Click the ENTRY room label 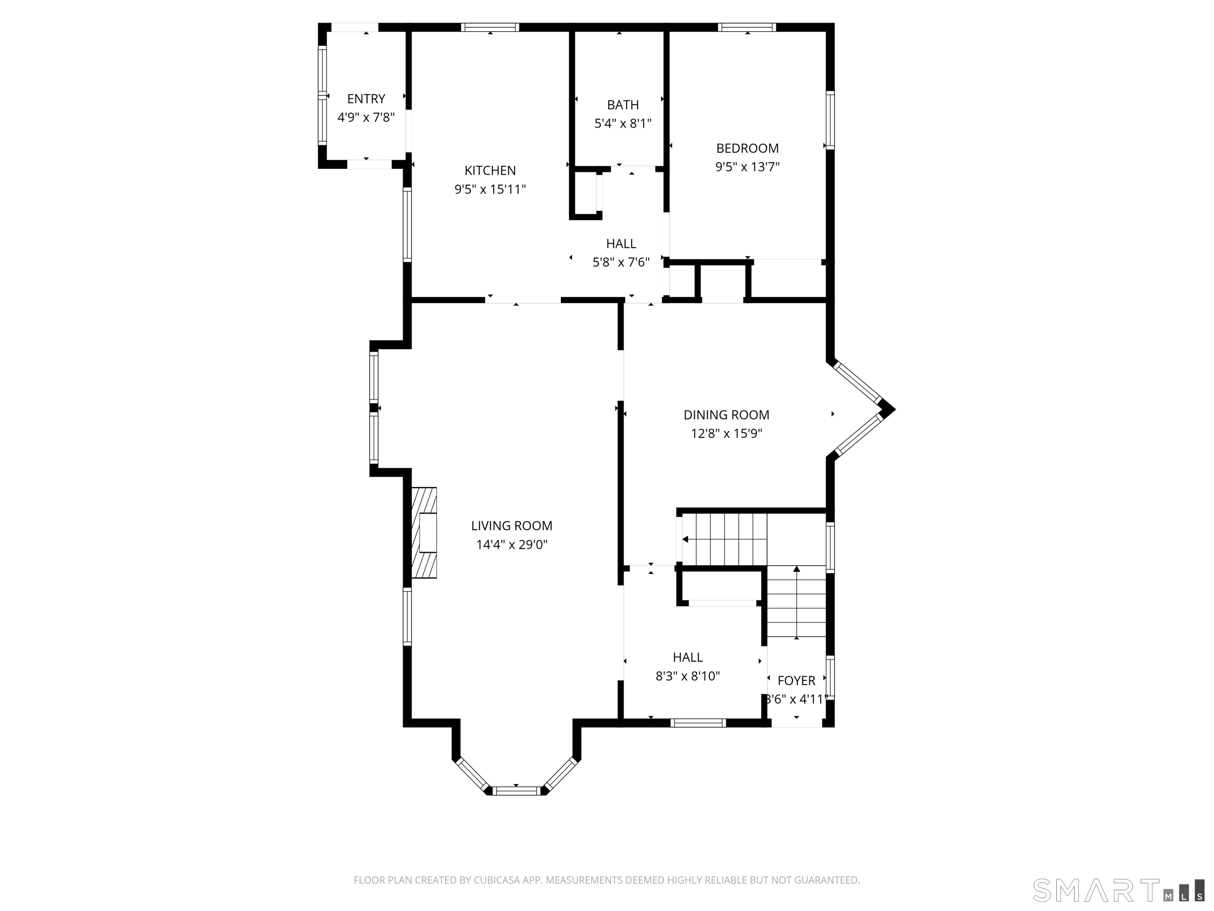coord(366,99)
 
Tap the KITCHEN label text coord(490,170)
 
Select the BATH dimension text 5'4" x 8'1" coord(623,123)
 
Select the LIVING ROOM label coord(511,525)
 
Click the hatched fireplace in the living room coord(424,533)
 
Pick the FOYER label coord(796,681)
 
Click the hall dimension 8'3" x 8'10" coord(688,676)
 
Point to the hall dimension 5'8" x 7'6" coord(621,263)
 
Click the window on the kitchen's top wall coord(490,27)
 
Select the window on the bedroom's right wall coord(830,120)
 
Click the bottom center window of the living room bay coord(517,791)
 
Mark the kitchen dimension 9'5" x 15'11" coord(490,189)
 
